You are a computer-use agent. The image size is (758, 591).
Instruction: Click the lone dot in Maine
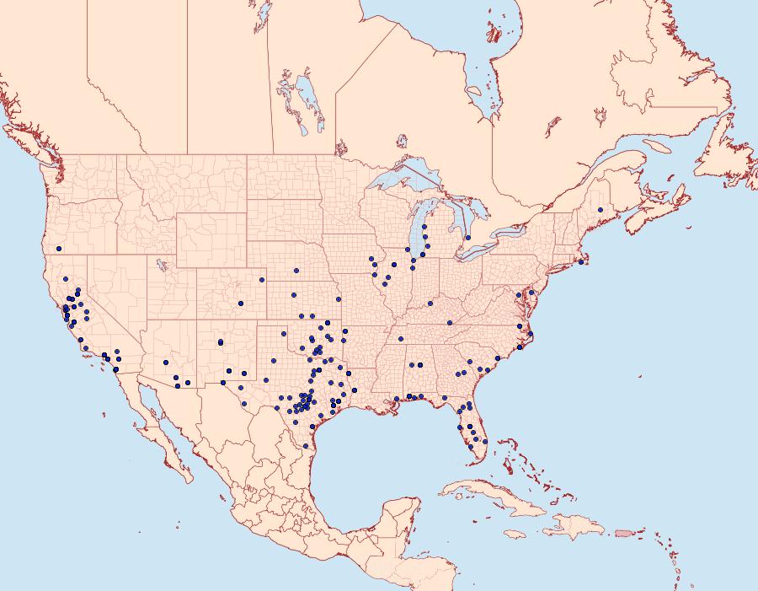[x=600, y=210]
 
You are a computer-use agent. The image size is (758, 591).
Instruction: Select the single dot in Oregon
[x=59, y=248]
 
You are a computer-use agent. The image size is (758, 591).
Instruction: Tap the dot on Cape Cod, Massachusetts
[x=581, y=263]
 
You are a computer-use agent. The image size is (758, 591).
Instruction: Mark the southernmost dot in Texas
[x=305, y=446]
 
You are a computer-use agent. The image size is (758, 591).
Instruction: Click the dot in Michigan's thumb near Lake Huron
[x=467, y=238]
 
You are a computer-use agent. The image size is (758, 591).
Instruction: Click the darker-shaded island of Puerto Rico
[x=624, y=532]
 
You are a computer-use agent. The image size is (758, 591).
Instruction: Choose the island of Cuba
[x=497, y=497]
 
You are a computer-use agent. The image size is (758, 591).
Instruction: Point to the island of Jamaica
[x=515, y=535]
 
